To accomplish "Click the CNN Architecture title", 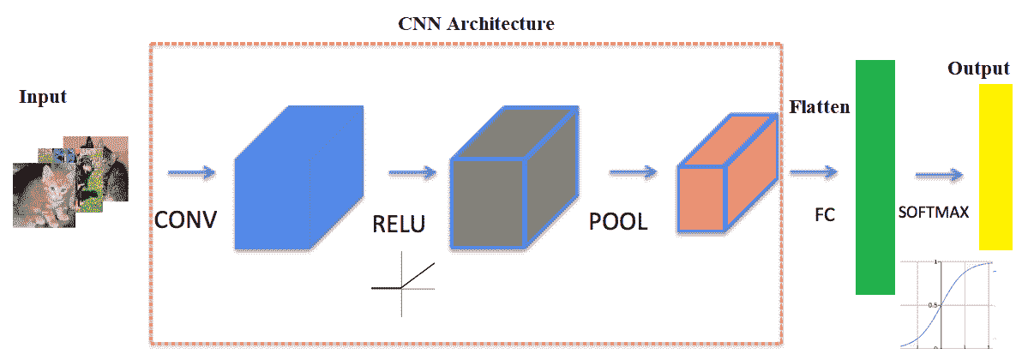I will coord(476,23).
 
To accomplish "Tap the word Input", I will coord(43,96).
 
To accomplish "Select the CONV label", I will coord(185,220).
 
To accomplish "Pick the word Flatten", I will coord(820,107).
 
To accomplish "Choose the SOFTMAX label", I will coord(934,213).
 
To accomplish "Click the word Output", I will coord(978,69).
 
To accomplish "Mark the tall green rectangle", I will coord(875,177).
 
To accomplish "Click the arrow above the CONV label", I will coord(191,174).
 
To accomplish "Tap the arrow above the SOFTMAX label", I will coord(939,176).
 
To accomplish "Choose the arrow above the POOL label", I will coord(633,174).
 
